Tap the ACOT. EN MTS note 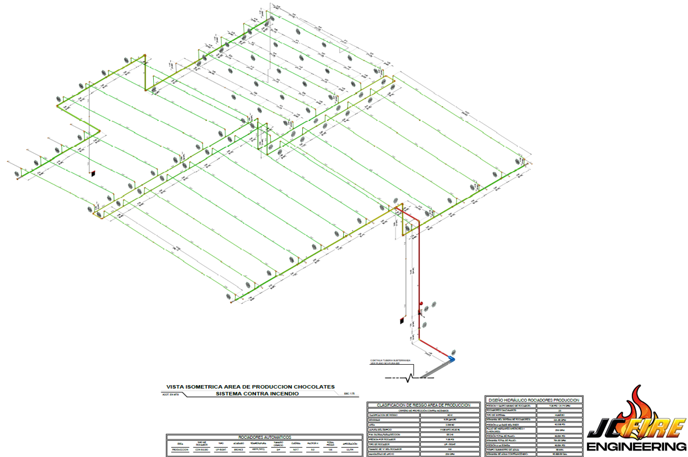point(170,396)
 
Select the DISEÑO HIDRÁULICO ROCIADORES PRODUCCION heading point(533,400)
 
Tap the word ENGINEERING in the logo point(637,447)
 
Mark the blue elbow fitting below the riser point(451,356)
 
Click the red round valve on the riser point(421,303)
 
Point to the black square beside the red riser point(402,321)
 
